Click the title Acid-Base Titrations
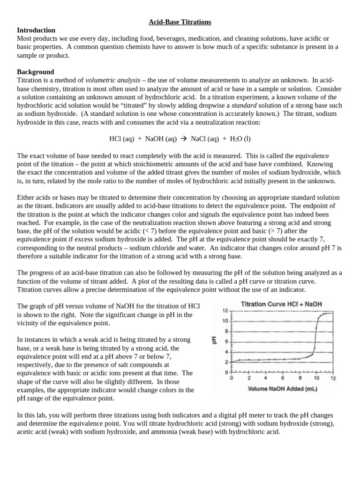pyautogui.click(x=180, y=22)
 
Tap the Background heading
pyautogui.click(x=35, y=72)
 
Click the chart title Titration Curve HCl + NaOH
pyautogui.click(x=281, y=304)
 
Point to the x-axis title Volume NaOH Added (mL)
pyautogui.click(x=281, y=389)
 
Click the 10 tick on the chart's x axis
pyautogui.click(x=316, y=378)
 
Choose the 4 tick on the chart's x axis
pyautogui.click(x=266, y=378)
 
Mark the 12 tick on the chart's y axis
pyautogui.click(x=225, y=311)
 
